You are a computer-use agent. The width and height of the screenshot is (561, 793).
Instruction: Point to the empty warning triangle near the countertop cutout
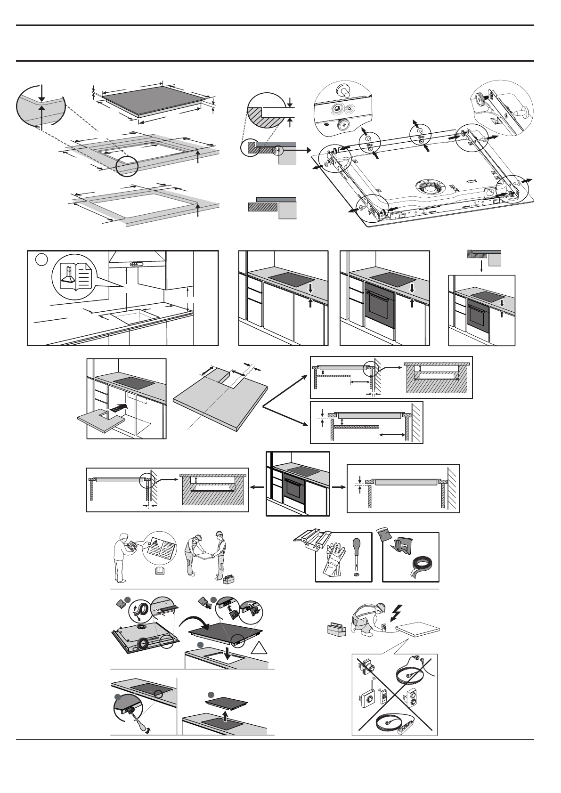(259, 648)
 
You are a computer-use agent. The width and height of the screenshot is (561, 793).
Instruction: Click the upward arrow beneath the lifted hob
(225, 716)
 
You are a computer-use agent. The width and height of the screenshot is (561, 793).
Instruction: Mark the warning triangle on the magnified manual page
(154, 543)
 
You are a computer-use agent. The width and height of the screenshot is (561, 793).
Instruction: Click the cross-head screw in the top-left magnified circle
(342, 124)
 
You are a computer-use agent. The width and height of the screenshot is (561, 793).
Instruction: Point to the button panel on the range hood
(135, 265)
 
